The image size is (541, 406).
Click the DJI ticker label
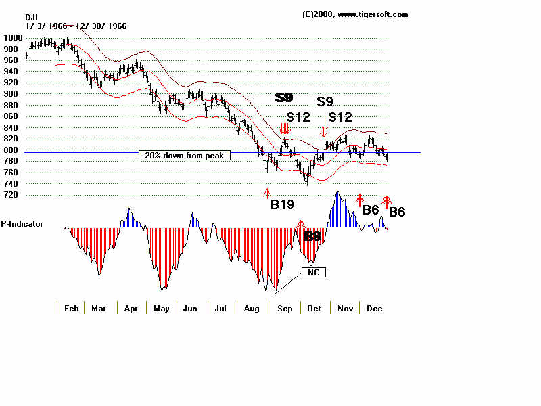pos(32,17)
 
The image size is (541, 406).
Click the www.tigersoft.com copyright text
pos(355,14)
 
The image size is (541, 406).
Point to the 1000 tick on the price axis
pos(14,38)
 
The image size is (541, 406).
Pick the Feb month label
pos(72,308)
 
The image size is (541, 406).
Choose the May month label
pos(162,308)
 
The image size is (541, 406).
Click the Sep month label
pos(285,308)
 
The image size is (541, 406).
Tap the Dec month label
pos(374,308)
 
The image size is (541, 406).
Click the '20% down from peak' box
pos(184,155)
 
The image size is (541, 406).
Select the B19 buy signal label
pos(282,204)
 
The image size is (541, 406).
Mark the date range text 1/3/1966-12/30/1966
pos(76,26)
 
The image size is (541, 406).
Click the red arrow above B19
pos(267,193)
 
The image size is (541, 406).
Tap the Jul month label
pos(220,308)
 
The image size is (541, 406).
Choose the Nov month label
pos(345,308)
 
